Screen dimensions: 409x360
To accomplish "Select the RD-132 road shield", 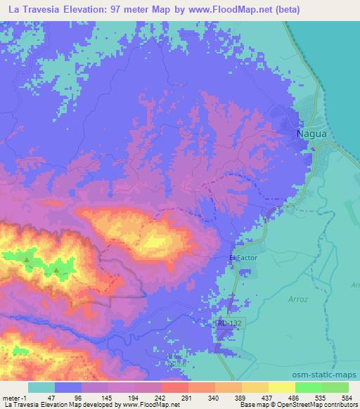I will pyautogui.click(x=225, y=323).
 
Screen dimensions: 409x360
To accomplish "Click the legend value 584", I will pyautogui.click(x=347, y=397).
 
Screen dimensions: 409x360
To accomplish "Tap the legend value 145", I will pyautogui.click(x=107, y=397).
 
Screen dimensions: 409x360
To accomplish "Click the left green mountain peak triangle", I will pyautogui.click(x=27, y=261).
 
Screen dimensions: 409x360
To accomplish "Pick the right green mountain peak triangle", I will pyautogui.click(x=56, y=268).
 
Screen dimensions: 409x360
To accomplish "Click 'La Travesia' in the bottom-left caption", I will pyautogui.click(x=20, y=405).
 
